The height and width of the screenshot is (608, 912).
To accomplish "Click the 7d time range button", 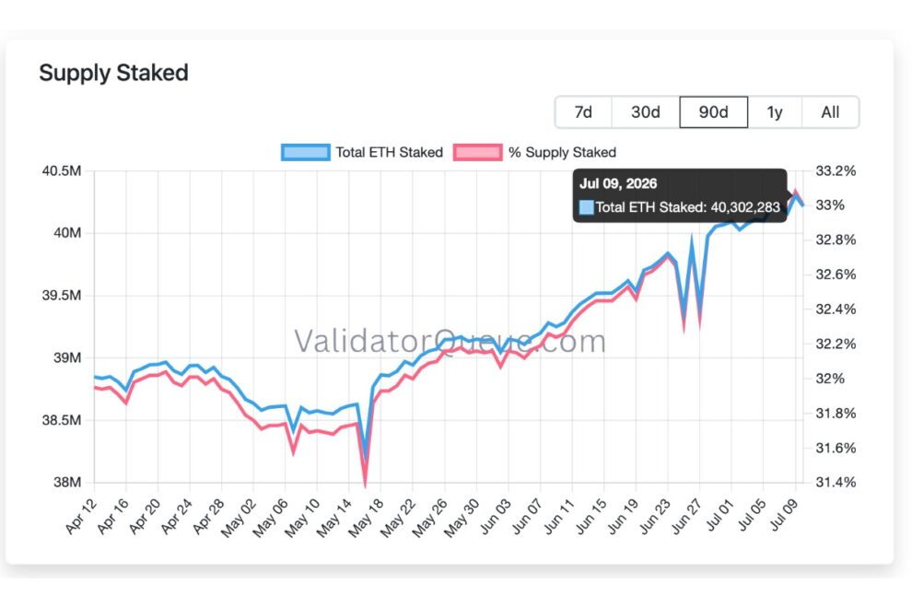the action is [x=583, y=111].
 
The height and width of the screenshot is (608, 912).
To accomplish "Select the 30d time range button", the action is [x=646, y=111].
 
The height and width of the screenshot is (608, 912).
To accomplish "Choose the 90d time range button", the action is [x=714, y=111].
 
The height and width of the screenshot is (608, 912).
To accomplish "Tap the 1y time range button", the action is [x=775, y=111].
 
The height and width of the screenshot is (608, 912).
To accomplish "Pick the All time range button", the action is [x=830, y=111].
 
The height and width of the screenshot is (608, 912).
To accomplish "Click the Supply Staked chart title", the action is [x=114, y=73].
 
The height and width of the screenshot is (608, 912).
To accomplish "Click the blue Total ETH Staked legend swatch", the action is [x=305, y=152].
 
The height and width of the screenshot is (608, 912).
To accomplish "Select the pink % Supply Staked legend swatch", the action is [x=477, y=152].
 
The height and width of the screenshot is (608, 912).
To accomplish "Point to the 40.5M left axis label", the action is [x=61, y=171].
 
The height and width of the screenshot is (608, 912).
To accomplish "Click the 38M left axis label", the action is [x=67, y=482].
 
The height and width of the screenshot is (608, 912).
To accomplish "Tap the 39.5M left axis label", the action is [x=61, y=295].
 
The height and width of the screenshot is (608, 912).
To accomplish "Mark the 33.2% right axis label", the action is [x=836, y=171].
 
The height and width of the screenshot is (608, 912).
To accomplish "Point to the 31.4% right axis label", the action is [x=836, y=482].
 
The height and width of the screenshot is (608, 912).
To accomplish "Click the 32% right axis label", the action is [x=830, y=379].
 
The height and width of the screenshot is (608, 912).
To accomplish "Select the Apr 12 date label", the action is [x=81, y=516].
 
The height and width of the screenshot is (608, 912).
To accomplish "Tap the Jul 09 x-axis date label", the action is [x=783, y=515].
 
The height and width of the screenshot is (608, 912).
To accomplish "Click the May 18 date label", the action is [x=367, y=518].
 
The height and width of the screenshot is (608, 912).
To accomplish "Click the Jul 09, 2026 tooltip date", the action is [x=618, y=184].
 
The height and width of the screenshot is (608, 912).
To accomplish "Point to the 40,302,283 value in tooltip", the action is [x=745, y=207].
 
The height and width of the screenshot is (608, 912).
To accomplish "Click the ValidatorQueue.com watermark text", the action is [x=450, y=341].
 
